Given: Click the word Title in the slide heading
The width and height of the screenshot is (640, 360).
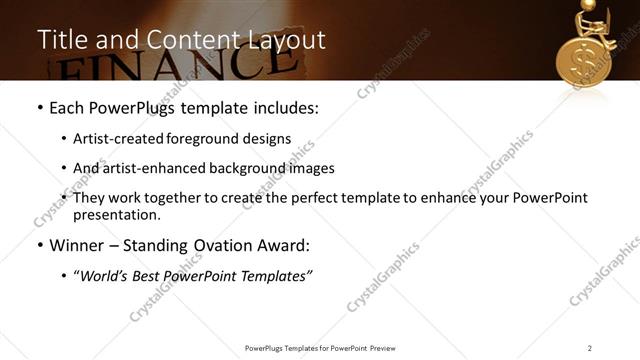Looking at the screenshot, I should click(x=61, y=40).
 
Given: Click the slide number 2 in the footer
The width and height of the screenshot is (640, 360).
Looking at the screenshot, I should click(x=589, y=347).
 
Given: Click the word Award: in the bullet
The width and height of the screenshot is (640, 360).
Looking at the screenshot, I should click(x=284, y=245).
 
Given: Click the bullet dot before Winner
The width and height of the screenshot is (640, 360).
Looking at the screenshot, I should click(x=40, y=246).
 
